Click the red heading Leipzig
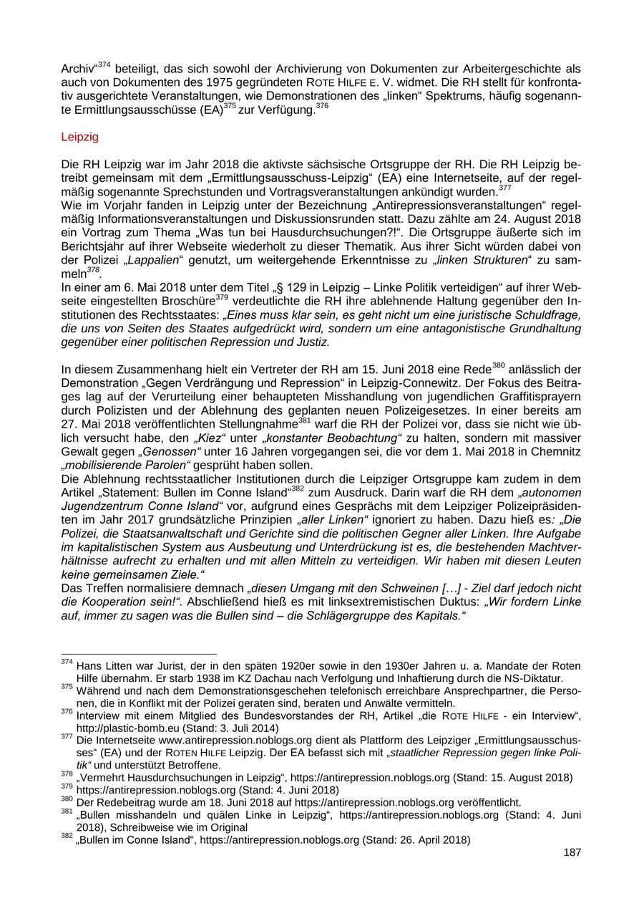(x=80, y=136)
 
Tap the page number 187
(x=572, y=852)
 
